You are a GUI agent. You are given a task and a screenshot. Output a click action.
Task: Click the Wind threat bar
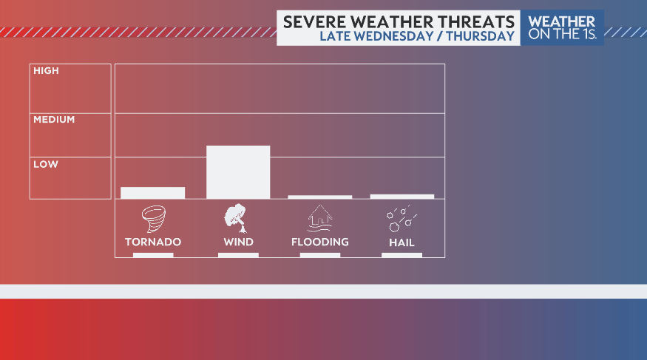[x=238, y=171]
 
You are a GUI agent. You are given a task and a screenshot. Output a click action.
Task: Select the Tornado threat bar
[x=152, y=192]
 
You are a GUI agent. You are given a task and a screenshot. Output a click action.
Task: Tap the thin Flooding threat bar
[x=319, y=197]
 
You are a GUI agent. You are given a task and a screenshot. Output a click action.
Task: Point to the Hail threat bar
[x=402, y=196]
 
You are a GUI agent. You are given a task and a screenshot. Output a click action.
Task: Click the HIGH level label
[x=46, y=71]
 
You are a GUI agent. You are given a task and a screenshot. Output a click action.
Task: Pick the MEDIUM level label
[x=54, y=119]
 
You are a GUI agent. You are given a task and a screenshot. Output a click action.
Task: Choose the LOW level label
[x=45, y=164]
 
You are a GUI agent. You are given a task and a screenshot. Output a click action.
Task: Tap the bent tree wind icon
[x=235, y=217]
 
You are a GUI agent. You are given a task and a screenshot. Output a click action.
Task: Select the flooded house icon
[x=319, y=219]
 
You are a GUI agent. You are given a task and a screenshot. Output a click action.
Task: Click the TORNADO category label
[x=153, y=242]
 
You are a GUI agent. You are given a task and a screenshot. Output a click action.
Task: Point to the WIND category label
[x=238, y=242]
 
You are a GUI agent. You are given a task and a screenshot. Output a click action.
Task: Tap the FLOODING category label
[x=319, y=242]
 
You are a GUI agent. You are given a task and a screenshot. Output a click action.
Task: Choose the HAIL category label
[x=402, y=242]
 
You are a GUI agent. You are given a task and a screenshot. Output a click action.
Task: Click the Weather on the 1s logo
[x=562, y=27]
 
